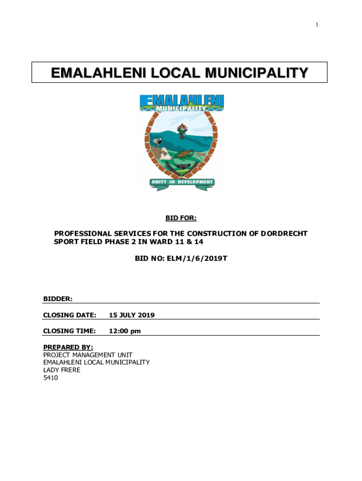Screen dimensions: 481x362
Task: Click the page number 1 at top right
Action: pos(316,24)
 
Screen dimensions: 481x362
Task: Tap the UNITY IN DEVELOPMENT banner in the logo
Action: pos(182,182)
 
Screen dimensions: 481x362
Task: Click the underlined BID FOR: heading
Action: pos(181,217)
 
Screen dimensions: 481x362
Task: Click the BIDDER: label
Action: pos(57,298)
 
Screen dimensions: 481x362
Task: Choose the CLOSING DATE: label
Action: pos(70,315)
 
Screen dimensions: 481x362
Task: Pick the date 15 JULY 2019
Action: pos(132,315)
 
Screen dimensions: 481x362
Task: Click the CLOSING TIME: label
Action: pos(69,331)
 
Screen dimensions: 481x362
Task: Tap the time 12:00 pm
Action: pos(125,331)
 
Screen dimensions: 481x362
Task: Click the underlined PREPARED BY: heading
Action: pos(68,347)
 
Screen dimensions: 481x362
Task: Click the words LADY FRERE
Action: pos(62,370)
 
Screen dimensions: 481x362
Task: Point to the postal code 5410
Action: pos(50,377)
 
